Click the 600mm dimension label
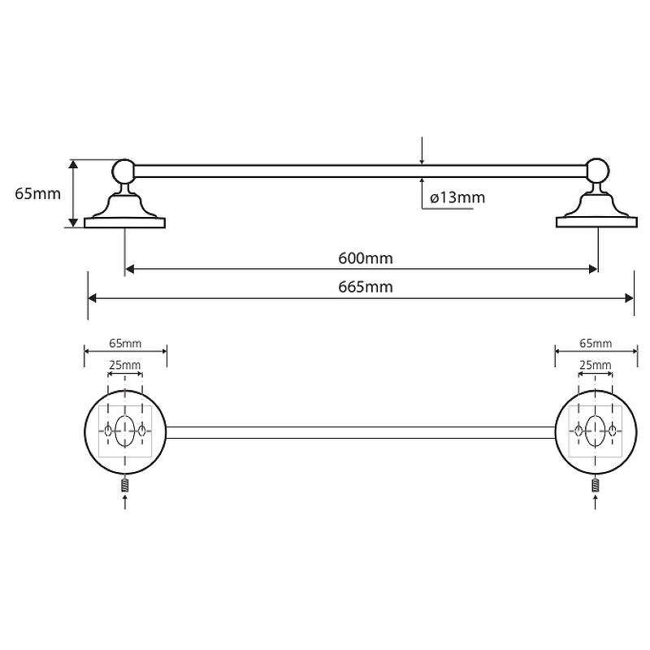click(x=366, y=258)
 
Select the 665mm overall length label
click(x=366, y=288)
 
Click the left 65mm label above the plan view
click(x=125, y=344)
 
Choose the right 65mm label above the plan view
click(x=596, y=344)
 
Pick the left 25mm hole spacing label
click(x=125, y=365)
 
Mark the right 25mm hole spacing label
click(x=596, y=365)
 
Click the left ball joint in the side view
click(x=123, y=171)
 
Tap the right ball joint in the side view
click(x=597, y=171)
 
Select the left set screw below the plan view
click(x=125, y=485)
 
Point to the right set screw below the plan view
click(x=596, y=485)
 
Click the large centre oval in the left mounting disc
click(x=125, y=430)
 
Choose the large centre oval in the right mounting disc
click(x=596, y=430)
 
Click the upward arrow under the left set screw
click(x=125, y=500)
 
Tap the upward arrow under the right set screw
click(x=596, y=500)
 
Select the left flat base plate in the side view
click(x=124, y=222)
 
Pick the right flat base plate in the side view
click(x=596, y=222)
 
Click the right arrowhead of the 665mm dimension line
click(x=630, y=298)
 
